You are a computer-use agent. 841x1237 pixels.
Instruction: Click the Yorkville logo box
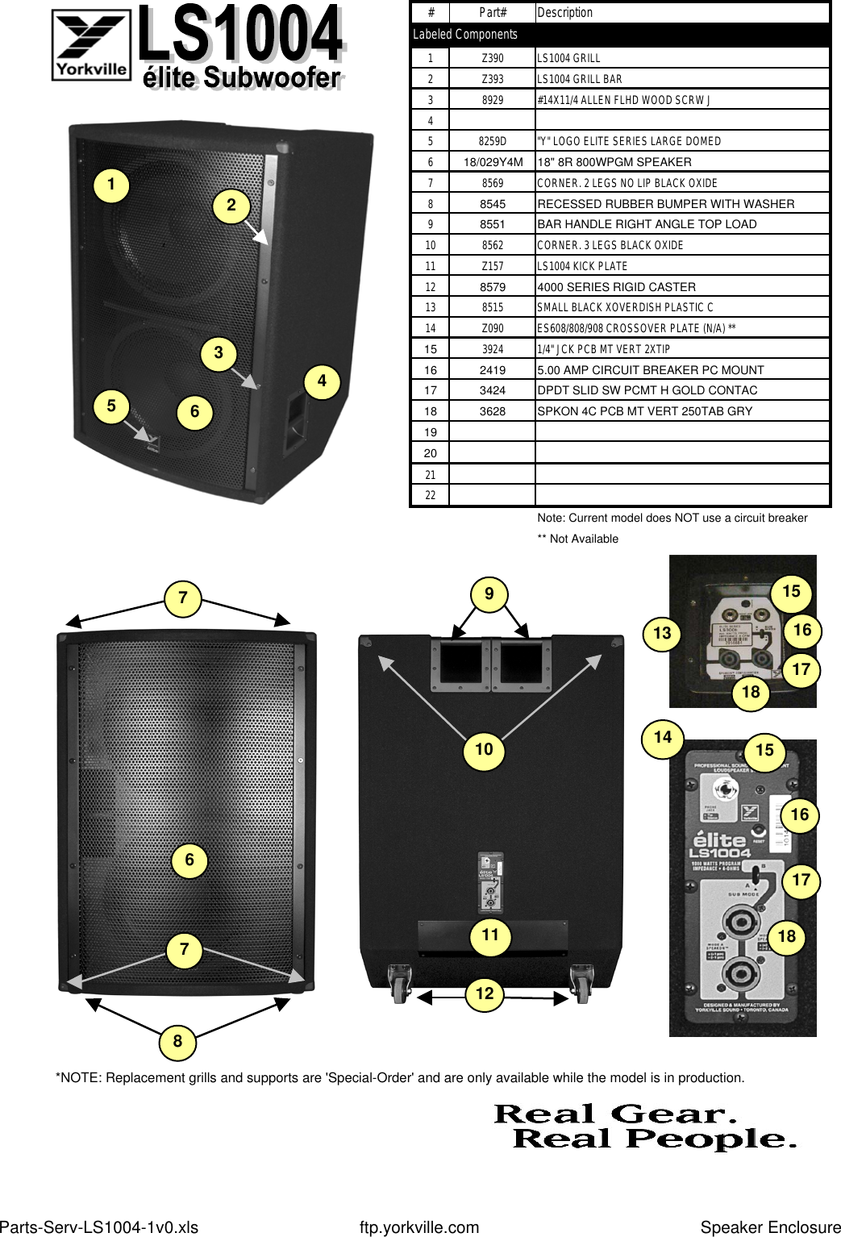coord(91,44)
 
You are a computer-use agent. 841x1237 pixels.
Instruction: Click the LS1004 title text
coord(240,34)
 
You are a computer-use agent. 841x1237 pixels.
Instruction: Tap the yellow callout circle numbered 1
coord(111,185)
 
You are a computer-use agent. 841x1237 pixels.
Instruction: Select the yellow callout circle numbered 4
coord(322,381)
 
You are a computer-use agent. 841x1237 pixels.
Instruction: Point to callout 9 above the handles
coord(489,594)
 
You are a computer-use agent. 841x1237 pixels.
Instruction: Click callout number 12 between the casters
coord(485,993)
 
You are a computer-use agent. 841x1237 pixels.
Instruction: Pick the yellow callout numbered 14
coord(663,737)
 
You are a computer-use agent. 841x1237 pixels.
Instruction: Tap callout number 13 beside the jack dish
coord(662,633)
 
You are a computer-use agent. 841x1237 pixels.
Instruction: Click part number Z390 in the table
coord(492,58)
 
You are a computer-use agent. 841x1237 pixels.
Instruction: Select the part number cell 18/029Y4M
coord(493,162)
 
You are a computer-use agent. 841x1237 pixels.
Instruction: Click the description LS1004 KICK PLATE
coord(582,266)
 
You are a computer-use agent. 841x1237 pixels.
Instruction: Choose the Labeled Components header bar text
coord(465,35)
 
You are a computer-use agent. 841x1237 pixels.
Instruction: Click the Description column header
coord(564,13)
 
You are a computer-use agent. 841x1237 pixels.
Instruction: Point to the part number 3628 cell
coord(492,411)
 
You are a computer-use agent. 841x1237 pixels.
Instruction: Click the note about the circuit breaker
coord(672,518)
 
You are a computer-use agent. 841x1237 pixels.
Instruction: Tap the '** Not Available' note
coord(578,539)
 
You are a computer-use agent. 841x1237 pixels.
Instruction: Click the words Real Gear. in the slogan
coord(616,1114)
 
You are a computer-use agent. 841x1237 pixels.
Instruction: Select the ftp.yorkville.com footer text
coord(419,1227)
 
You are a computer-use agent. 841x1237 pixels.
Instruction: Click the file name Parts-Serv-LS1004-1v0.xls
coord(99,1227)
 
